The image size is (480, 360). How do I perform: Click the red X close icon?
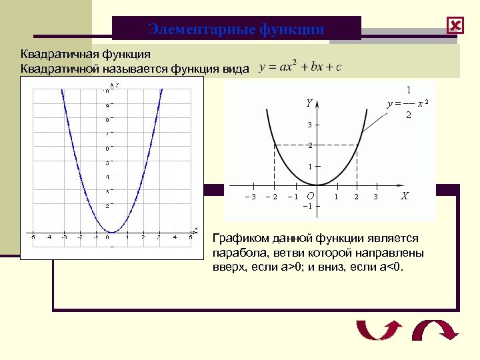pyautogui.click(x=455, y=26)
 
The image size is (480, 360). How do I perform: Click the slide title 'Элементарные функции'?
pyautogui.click(x=236, y=29)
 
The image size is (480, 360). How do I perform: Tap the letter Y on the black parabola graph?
pyautogui.click(x=309, y=103)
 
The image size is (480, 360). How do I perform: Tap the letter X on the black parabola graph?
pyautogui.click(x=405, y=196)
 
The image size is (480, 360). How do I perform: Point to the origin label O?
pyautogui.click(x=309, y=196)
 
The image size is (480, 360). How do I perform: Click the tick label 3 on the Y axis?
pyautogui.click(x=309, y=125)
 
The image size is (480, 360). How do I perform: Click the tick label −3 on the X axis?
pyautogui.click(x=251, y=197)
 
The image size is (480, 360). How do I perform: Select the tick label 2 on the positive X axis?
pyautogui.click(x=356, y=197)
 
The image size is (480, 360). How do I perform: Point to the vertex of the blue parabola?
pyautogui.click(x=111, y=234)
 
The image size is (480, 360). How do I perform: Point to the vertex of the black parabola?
pyautogui.click(x=317, y=185)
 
